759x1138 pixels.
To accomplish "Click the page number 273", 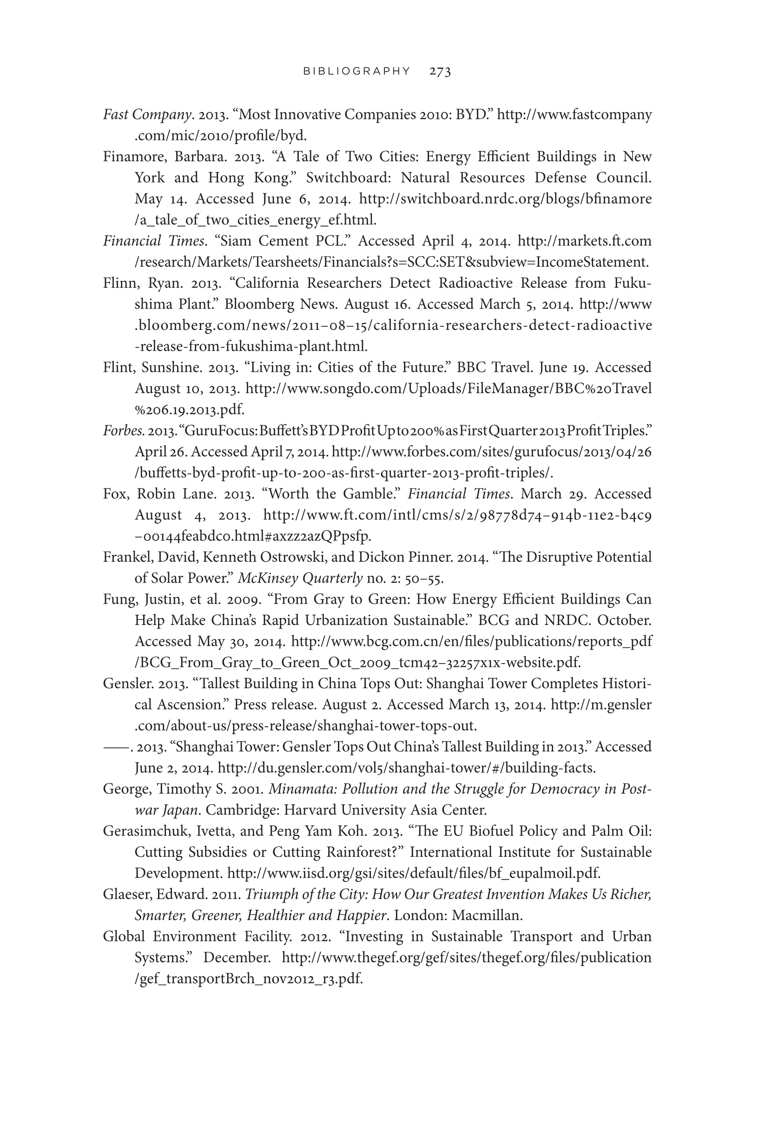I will (440, 72).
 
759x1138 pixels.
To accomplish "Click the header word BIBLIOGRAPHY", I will (357, 71).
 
